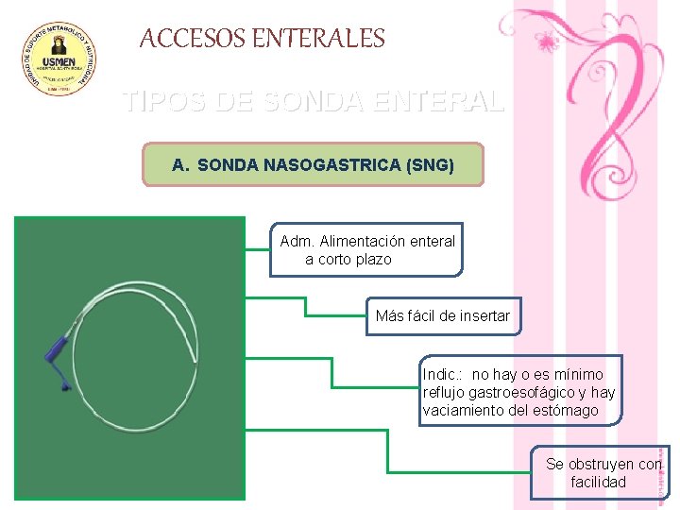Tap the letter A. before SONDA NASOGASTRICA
180,165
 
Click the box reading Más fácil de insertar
442,316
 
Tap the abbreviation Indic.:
443,375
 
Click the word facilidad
598,482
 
